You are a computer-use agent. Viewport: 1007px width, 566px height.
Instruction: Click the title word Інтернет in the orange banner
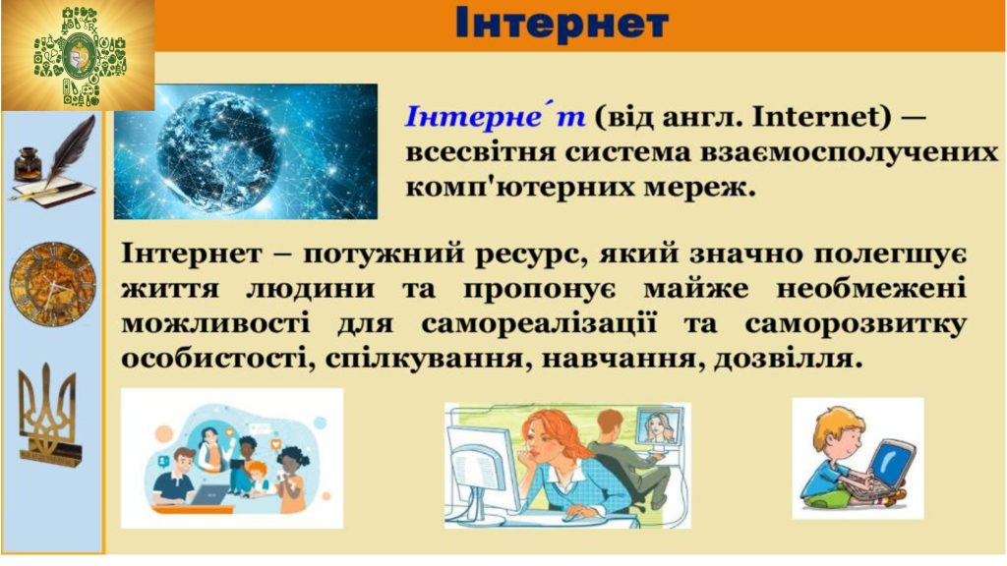[x=562, y=24]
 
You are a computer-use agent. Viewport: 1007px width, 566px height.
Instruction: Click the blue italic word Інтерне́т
[x=495, y=116]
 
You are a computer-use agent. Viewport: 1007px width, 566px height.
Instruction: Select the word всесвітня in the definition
[x=474, y=152]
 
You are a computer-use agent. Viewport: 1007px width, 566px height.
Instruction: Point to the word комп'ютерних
[x=499, y=189]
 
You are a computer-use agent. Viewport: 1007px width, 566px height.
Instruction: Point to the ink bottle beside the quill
[x=26, y=165]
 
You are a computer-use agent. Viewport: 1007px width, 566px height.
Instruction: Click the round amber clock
[x=53, y=284]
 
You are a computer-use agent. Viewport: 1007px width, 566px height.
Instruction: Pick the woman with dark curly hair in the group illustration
[x=291, y=475]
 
